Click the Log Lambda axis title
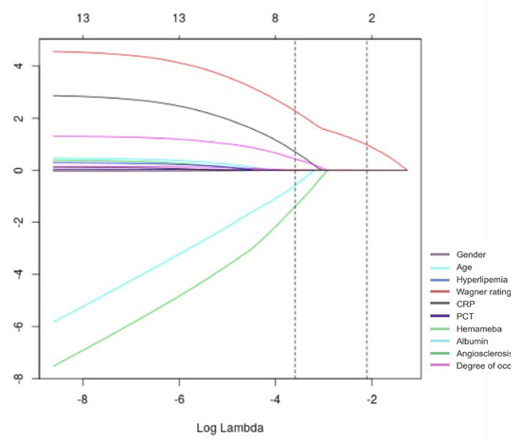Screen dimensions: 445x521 tap(231, 428)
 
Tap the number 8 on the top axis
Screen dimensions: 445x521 tap(275, 16)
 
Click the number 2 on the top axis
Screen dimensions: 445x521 tap(371, 16)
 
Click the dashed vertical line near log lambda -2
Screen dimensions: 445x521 tap(367, 237)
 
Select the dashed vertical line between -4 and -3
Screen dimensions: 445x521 tap(296, 237)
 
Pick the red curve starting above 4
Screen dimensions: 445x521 tap(142, 57)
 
